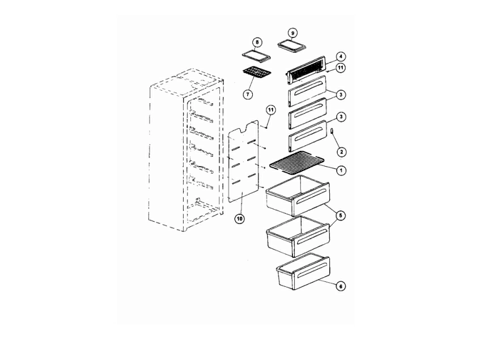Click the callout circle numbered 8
[x=257, y=42]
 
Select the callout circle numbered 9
[x=292, y=33]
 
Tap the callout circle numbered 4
[x=341, y=57]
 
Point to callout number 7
[x=248, y=94]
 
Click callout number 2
[x=341, y=151]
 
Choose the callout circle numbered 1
[x=341, y=170]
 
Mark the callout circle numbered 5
[x=341, y=215]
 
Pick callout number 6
[x=341, y=286]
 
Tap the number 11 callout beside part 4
[x=341, y=67]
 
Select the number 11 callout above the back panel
[x=271, y=110]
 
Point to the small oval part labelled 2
[x=332, y=132]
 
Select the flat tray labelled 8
[x=256, y=55]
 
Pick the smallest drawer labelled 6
[x=303, y=272]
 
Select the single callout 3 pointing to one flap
[x=341, y=117]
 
